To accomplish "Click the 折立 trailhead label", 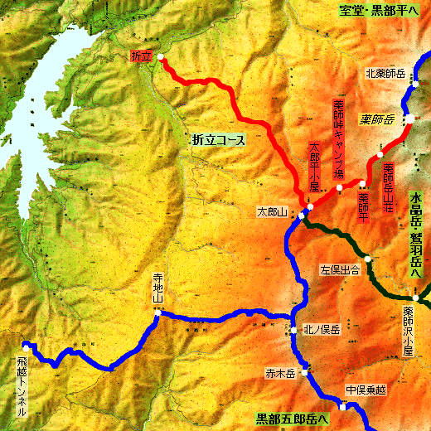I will pos(143,56).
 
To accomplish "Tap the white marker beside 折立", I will pos(160,58).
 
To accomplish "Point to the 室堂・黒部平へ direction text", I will pos(381,10).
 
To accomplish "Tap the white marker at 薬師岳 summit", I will pos(409,119).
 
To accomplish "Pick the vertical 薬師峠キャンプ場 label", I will pos(338,140).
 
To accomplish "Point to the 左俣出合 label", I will pos(339,269).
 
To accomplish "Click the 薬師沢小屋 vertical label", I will pos(407,332).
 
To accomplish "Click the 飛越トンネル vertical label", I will pos(22,385).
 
